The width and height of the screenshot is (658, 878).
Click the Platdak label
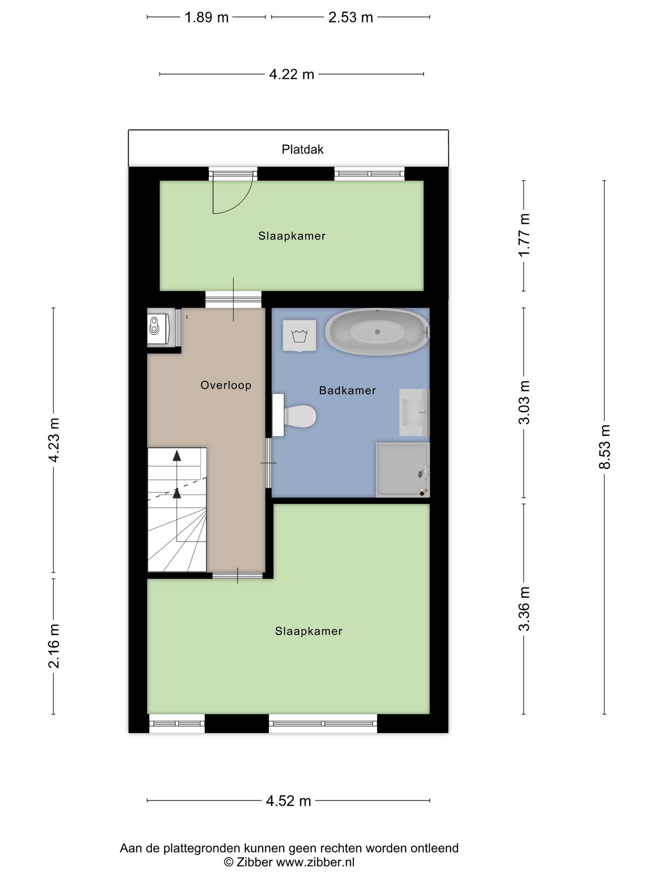pyautogui.click(x=302, y=149)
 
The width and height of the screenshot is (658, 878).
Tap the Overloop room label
pyautogui.click(x=226, y=385)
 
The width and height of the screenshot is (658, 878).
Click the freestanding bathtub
pyautogui.click(x=377, y=332)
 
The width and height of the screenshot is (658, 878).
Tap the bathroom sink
pyautogui.click(x=414, y=412)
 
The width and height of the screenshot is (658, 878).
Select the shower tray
pyautogui.click(x=403, y=469)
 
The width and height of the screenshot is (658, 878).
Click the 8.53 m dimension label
pyautogui.click(x=604, y=447)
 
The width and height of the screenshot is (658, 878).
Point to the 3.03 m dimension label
pyautogui.click(x=524, y=402)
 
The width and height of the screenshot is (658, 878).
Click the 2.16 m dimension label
pyautogui.click(x=54, y=646)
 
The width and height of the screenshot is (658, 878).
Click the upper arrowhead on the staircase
pyautogui.click(x=177, y=456)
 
